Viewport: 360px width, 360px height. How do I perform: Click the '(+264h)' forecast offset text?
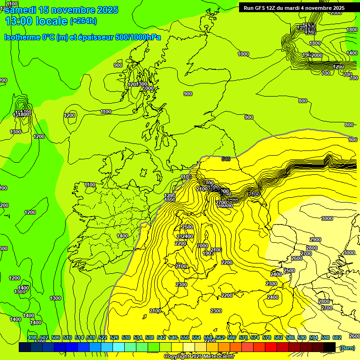coord(83,21)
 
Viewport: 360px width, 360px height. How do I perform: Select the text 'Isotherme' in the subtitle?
coord(22,37)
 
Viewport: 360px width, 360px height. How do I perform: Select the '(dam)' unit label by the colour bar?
coord(347,347)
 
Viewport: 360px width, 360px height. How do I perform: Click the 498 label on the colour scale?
coord(32,337)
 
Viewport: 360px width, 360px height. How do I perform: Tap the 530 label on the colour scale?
coord(126,337)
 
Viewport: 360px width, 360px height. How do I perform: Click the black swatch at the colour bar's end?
coord(330,347)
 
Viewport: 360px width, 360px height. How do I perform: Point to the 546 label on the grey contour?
coord(226,159)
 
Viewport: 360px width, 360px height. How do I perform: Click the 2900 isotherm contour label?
coord(315,240)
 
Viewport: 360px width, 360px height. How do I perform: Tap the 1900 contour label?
coord(208,253)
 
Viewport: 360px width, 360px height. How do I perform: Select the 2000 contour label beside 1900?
coord(202,246)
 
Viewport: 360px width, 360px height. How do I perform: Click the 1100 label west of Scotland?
coord(106,112)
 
